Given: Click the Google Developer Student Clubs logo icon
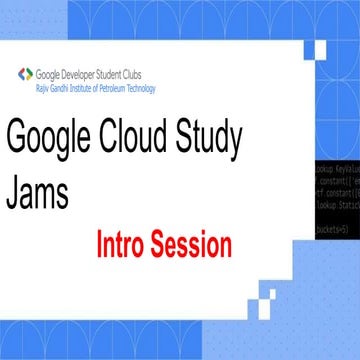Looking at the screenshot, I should click(25, 73).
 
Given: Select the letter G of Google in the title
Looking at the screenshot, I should click(18, 139).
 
